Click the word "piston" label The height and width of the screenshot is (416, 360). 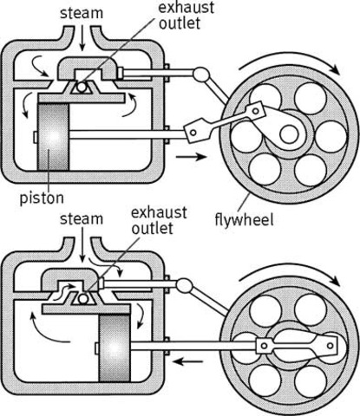(42, 198)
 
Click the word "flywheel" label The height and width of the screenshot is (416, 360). (246, 220)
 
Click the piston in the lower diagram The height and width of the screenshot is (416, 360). (119, 347)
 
